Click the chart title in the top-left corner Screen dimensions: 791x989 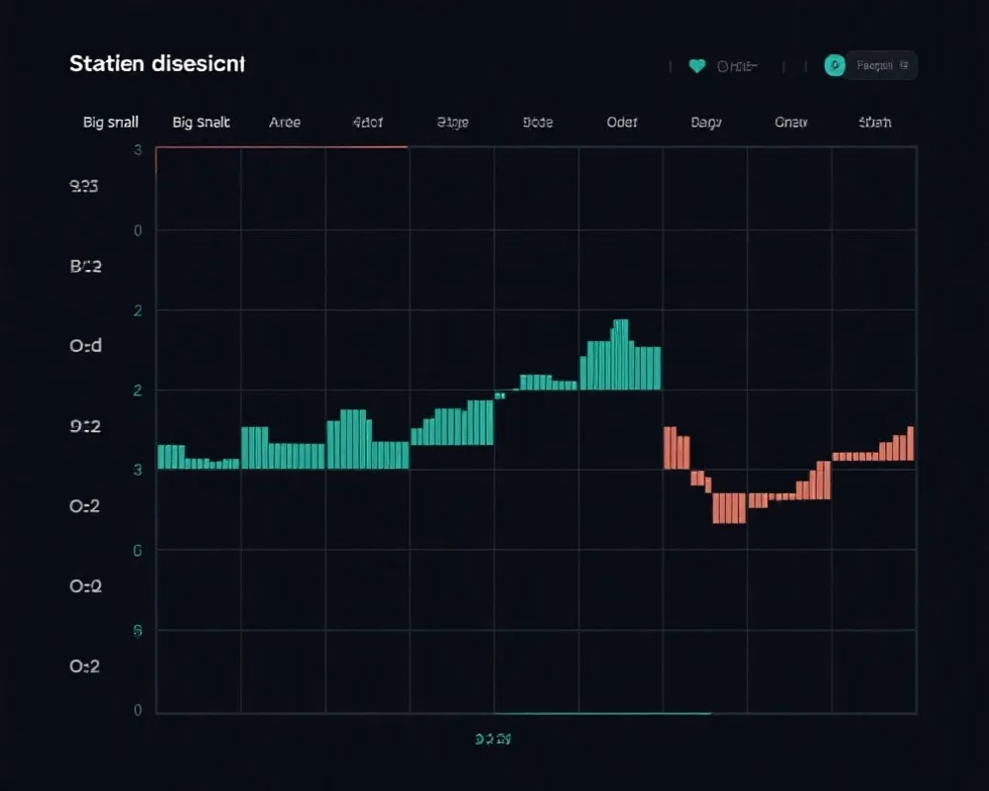pos(157,64)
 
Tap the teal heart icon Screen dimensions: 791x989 pos(696,66)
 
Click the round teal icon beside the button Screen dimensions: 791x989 pos(835,66)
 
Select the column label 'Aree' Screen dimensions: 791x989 pos(285,123)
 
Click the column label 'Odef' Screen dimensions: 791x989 pos(622,123)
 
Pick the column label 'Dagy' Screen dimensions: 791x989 pos(706,123)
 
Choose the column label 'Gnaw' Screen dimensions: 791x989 pos(791,123)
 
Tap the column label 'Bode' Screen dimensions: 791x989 pos(537,123)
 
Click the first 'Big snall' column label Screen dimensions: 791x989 pos(111,123)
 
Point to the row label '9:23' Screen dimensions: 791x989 pos(84,186)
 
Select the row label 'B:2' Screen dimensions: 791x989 pos(86,266)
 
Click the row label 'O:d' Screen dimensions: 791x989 pos(85,346)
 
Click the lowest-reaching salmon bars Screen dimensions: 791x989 pos(729,507)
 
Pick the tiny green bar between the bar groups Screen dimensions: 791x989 pos(499,395)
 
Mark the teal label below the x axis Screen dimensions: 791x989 pos(493,738)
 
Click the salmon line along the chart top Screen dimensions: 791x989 pos(282,147)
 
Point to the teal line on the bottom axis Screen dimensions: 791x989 pos(601,713)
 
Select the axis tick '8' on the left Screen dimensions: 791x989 pos(137,630)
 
